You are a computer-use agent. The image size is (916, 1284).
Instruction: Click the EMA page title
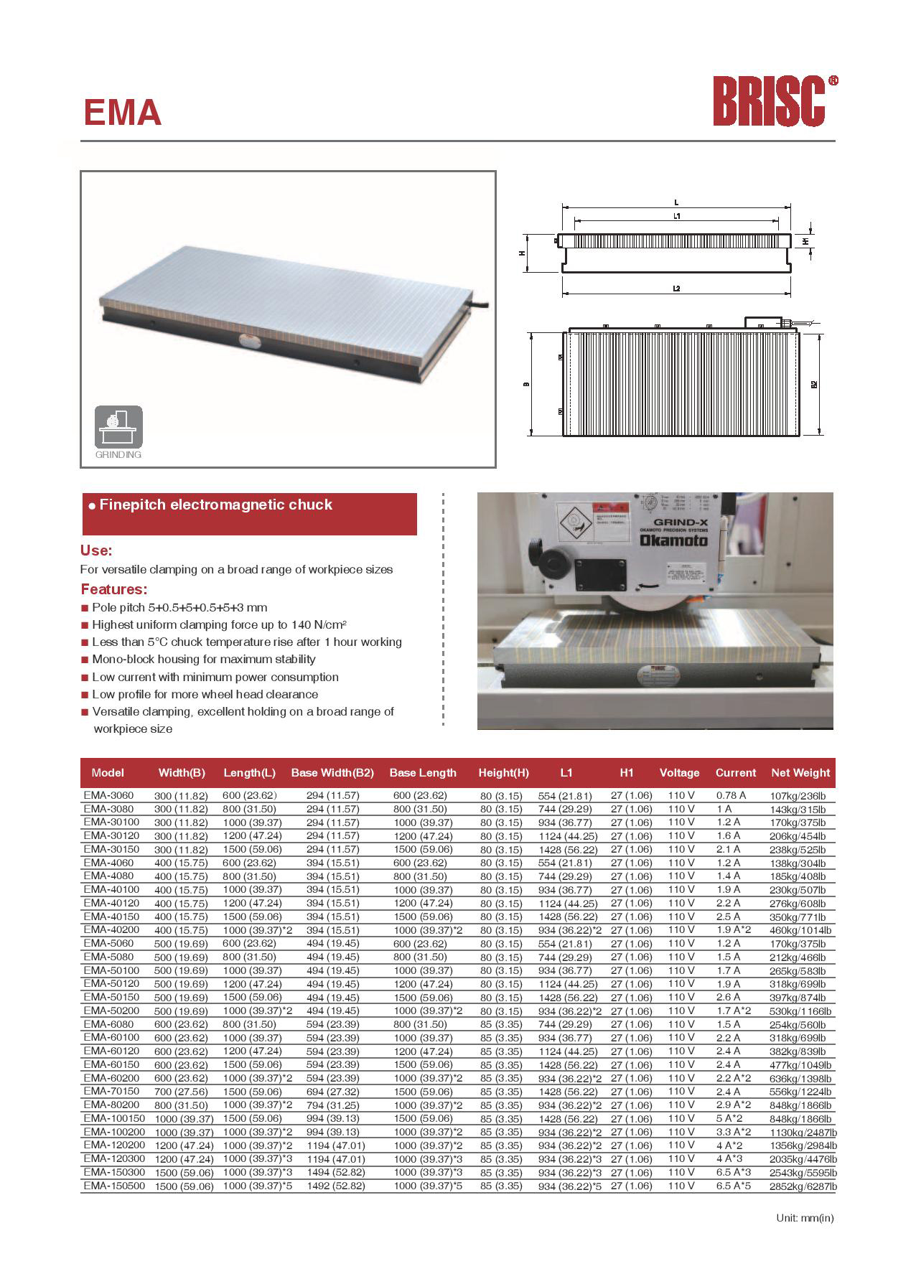[x=122, y=113]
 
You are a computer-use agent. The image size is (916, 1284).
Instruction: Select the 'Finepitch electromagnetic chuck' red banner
[x=249, y=513]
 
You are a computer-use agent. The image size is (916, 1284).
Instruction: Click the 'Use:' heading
[x=96, y=551]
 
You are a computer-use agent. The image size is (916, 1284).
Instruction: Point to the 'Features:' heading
[x=113, y=590]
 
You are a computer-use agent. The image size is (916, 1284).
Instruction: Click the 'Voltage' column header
[x=679, y=773]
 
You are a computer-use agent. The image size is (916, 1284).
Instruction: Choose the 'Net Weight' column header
[x=800, y=773]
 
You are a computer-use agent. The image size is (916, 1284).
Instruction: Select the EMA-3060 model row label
[x=108, y=795]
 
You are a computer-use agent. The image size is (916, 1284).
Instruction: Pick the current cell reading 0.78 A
[x=731, y=795]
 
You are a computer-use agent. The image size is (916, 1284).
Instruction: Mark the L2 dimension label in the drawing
[x=676, y=288]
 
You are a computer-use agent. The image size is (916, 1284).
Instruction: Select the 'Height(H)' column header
[x=503, y=773]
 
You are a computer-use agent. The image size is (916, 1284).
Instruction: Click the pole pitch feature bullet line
[x=179, y=607]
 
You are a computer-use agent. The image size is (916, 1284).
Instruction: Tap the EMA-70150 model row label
[x=111, y=1091]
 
